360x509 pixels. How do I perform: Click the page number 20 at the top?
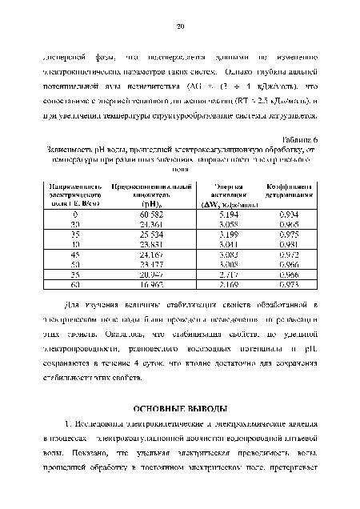[x=181, y=27]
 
